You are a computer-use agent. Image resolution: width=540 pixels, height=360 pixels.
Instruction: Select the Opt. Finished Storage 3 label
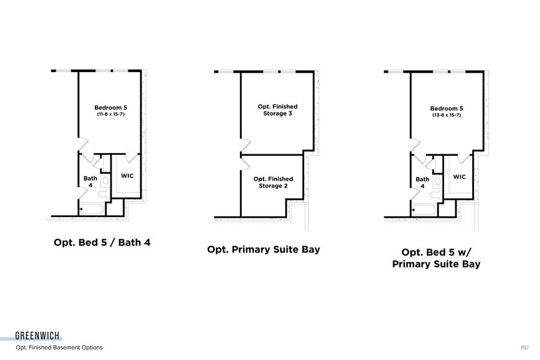[277, 110]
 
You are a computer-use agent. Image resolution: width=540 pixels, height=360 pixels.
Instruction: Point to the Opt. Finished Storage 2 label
[273, 182]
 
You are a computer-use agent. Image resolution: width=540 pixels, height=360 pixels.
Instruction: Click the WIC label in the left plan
[127, 176]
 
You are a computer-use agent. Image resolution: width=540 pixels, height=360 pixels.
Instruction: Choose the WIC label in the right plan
[459, 177]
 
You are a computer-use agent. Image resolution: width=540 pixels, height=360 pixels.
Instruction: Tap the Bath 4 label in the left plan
[90, 182]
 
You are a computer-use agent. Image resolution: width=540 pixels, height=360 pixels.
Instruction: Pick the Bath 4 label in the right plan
[422, 182]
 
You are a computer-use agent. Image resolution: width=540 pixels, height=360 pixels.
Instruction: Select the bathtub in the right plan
[425, 209]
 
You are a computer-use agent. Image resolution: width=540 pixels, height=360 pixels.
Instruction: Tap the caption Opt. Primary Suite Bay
[263, 249]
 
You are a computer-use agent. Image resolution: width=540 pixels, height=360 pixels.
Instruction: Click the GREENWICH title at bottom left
[37, 336]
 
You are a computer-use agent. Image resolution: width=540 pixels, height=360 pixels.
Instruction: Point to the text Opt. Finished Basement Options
[59, 347]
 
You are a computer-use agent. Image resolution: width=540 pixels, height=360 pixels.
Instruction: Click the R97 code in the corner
[525, 347]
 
